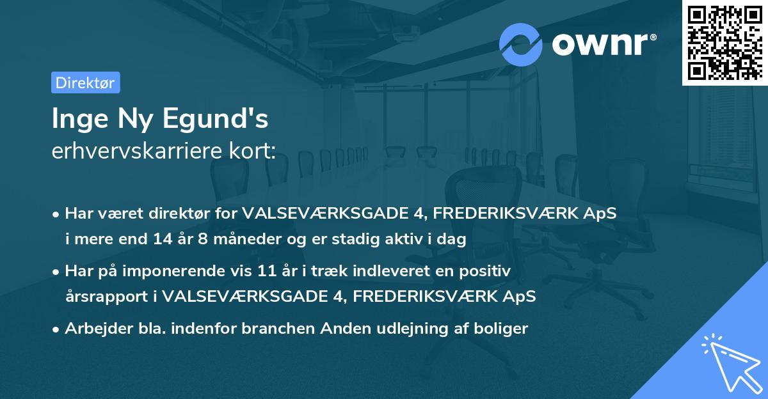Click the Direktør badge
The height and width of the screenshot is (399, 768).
85,82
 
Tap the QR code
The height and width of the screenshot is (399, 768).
724,42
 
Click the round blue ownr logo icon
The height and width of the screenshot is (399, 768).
521,44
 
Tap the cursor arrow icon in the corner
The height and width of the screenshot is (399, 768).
729,362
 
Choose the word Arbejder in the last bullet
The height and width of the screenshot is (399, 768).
92,329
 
